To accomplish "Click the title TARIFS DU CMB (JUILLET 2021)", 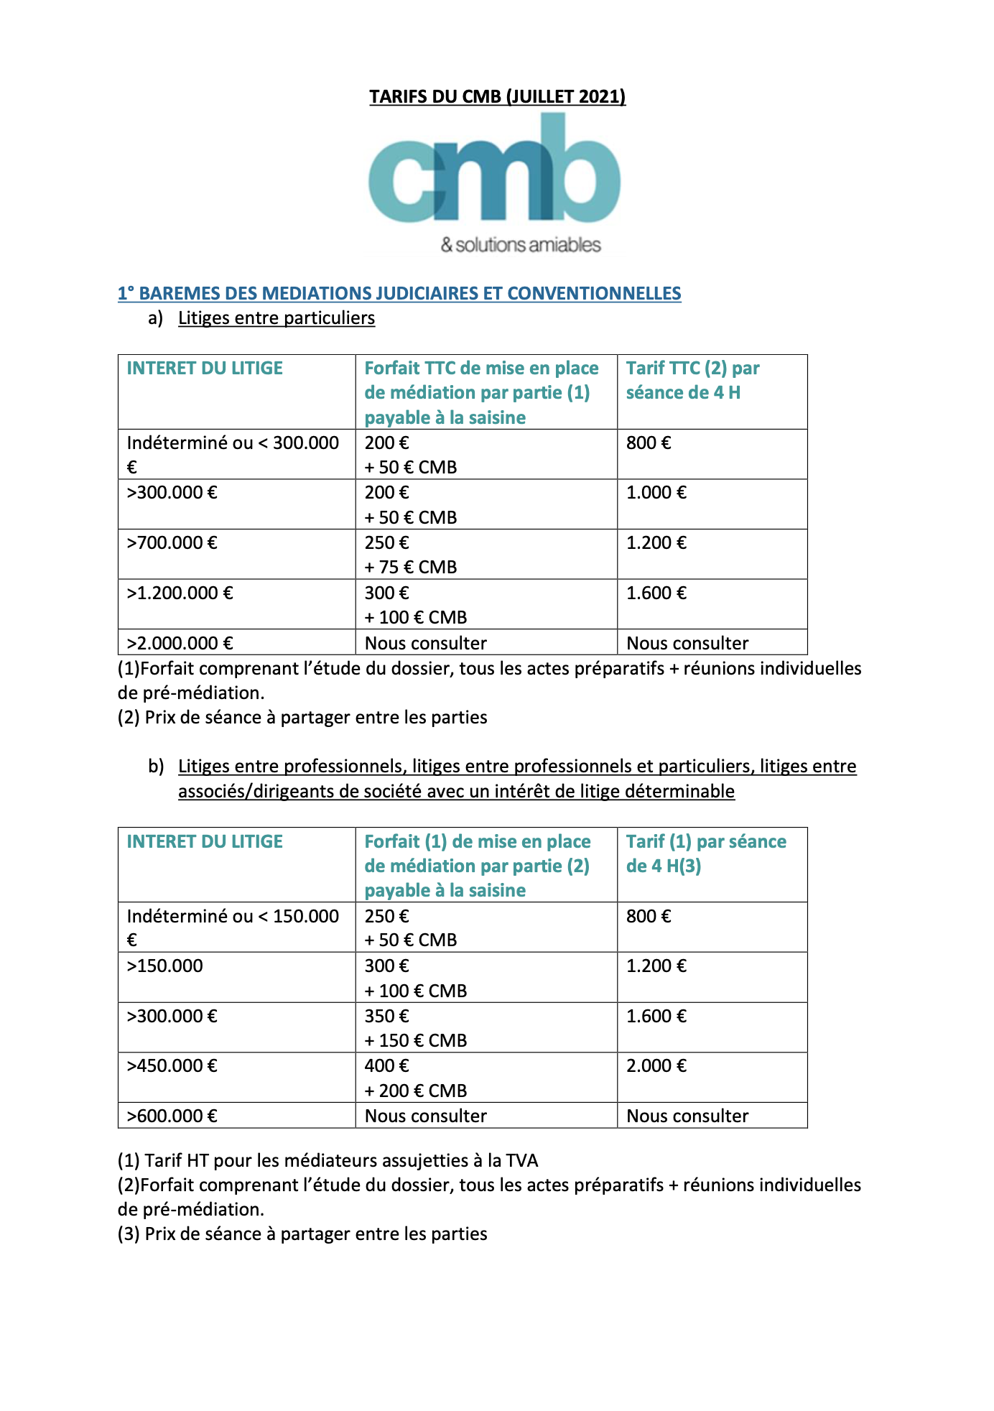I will coord(497,96).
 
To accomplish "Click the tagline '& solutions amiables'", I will coord(521,245).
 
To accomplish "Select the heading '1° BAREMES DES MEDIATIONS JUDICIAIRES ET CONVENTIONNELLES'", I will coord(399,293).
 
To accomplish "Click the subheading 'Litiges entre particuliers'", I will coord(277,318).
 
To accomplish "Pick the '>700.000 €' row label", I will coord(172,542).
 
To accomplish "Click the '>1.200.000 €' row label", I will coord(180,593).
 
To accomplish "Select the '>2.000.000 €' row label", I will coord(180,642).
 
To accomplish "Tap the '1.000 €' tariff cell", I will coord(656,492).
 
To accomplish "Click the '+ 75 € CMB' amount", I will coord(410,567).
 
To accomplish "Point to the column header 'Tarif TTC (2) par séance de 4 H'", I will coord(692,380).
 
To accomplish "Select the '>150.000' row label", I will coord(164,966).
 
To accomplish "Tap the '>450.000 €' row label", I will coord(172,1065).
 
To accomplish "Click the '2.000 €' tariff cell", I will coord(656,1065).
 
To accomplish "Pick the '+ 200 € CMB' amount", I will coord(415,1091).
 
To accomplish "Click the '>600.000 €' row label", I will coord(172,1116).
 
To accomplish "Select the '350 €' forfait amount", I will coord(386,1016).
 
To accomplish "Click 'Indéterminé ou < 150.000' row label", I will coord(233,916).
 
